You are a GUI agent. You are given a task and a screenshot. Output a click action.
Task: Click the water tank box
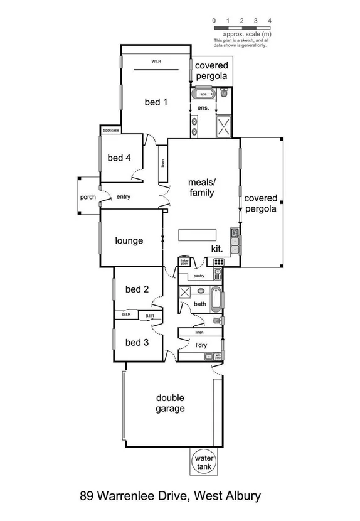click(203, 461)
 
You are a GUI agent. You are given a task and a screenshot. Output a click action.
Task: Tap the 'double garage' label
click(171, 403)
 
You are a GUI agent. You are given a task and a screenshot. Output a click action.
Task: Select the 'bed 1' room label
click(156, 103)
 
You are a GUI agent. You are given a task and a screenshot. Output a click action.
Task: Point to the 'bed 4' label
click(119, 158)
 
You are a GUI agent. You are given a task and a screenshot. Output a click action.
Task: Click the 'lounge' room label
click(129, 240)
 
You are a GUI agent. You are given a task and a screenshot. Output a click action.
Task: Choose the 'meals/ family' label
click(201, 188)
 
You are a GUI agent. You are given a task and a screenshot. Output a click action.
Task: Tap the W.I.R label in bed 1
click(157, 62)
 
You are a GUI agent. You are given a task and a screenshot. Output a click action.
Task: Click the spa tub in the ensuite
click(203, 95)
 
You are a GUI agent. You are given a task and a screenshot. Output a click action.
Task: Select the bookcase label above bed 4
click(110, 130)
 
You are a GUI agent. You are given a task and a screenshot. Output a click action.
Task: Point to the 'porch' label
click(88, 197)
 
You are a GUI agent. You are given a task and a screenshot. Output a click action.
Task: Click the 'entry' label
click(123, 197)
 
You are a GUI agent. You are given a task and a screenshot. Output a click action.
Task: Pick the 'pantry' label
click(200, 276)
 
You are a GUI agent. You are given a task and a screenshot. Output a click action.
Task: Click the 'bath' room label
click(200, 304)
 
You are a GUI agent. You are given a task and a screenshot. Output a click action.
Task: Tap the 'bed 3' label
click(137, 343)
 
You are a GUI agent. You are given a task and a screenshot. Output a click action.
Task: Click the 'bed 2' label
click(137, 289)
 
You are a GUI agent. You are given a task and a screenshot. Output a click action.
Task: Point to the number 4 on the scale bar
click(269, 21)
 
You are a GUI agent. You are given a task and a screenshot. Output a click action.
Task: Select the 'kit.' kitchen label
click(217, 249)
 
